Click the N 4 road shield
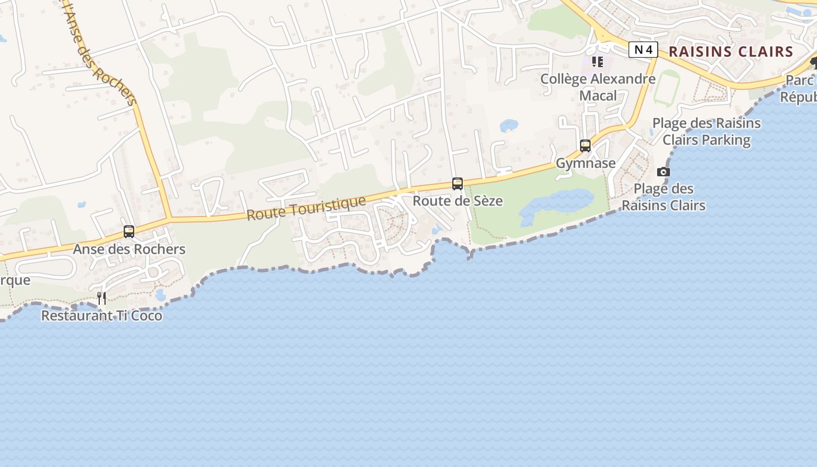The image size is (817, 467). pos(643,50)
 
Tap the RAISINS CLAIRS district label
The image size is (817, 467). pos(731,51)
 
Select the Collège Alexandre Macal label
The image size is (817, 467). pos(598,87)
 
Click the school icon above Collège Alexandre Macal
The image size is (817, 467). pos(597,61)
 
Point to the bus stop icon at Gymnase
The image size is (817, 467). pos(585,146)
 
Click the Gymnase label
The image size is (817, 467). pos(585,163)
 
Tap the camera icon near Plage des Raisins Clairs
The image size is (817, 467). pos(664,172)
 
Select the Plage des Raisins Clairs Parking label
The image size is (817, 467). pos(706,131)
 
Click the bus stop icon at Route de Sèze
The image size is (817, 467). pos(458,184)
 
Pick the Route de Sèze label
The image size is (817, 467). pos(458,201)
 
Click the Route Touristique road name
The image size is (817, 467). pos(306,208)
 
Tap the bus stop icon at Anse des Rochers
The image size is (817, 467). pos(129,232)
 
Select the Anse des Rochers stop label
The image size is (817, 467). pos(129,249)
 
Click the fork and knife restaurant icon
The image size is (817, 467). pos(102,298)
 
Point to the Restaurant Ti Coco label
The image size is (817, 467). pos(102,316)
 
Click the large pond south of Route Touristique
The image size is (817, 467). pos(554,204)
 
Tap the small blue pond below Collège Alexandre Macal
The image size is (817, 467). pos(509,126)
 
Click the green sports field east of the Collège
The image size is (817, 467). pos(666,88)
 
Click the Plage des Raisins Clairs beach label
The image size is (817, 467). pos(664,197)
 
